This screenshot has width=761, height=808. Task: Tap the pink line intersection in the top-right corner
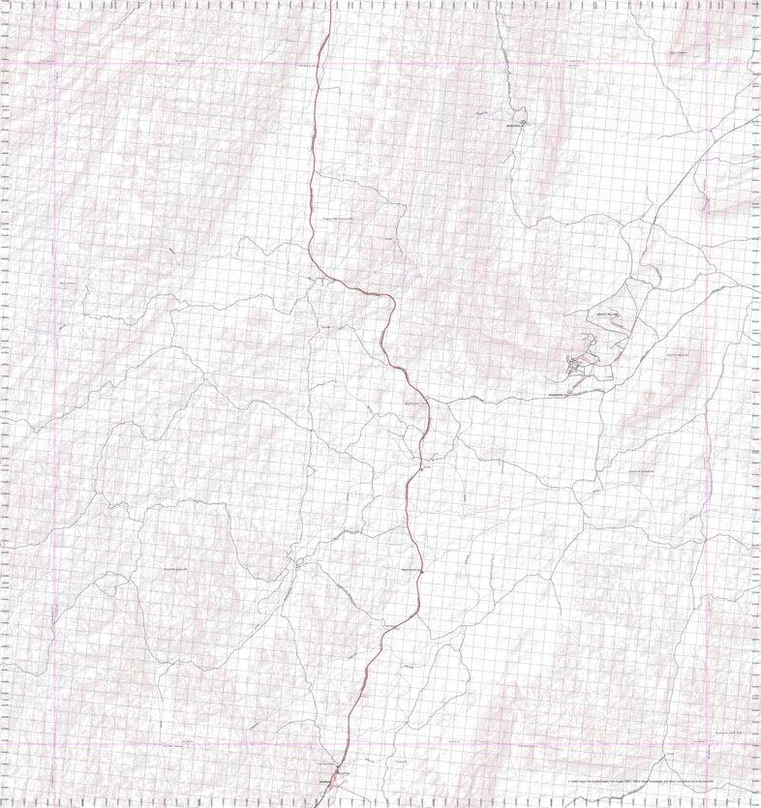point(705,63)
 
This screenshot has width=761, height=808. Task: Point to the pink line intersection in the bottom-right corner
point(705,744)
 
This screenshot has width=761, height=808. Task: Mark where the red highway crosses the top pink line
point(320,63)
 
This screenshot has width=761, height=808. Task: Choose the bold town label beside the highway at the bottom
point(323,782)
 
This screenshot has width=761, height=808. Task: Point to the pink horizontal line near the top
point(194,63)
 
